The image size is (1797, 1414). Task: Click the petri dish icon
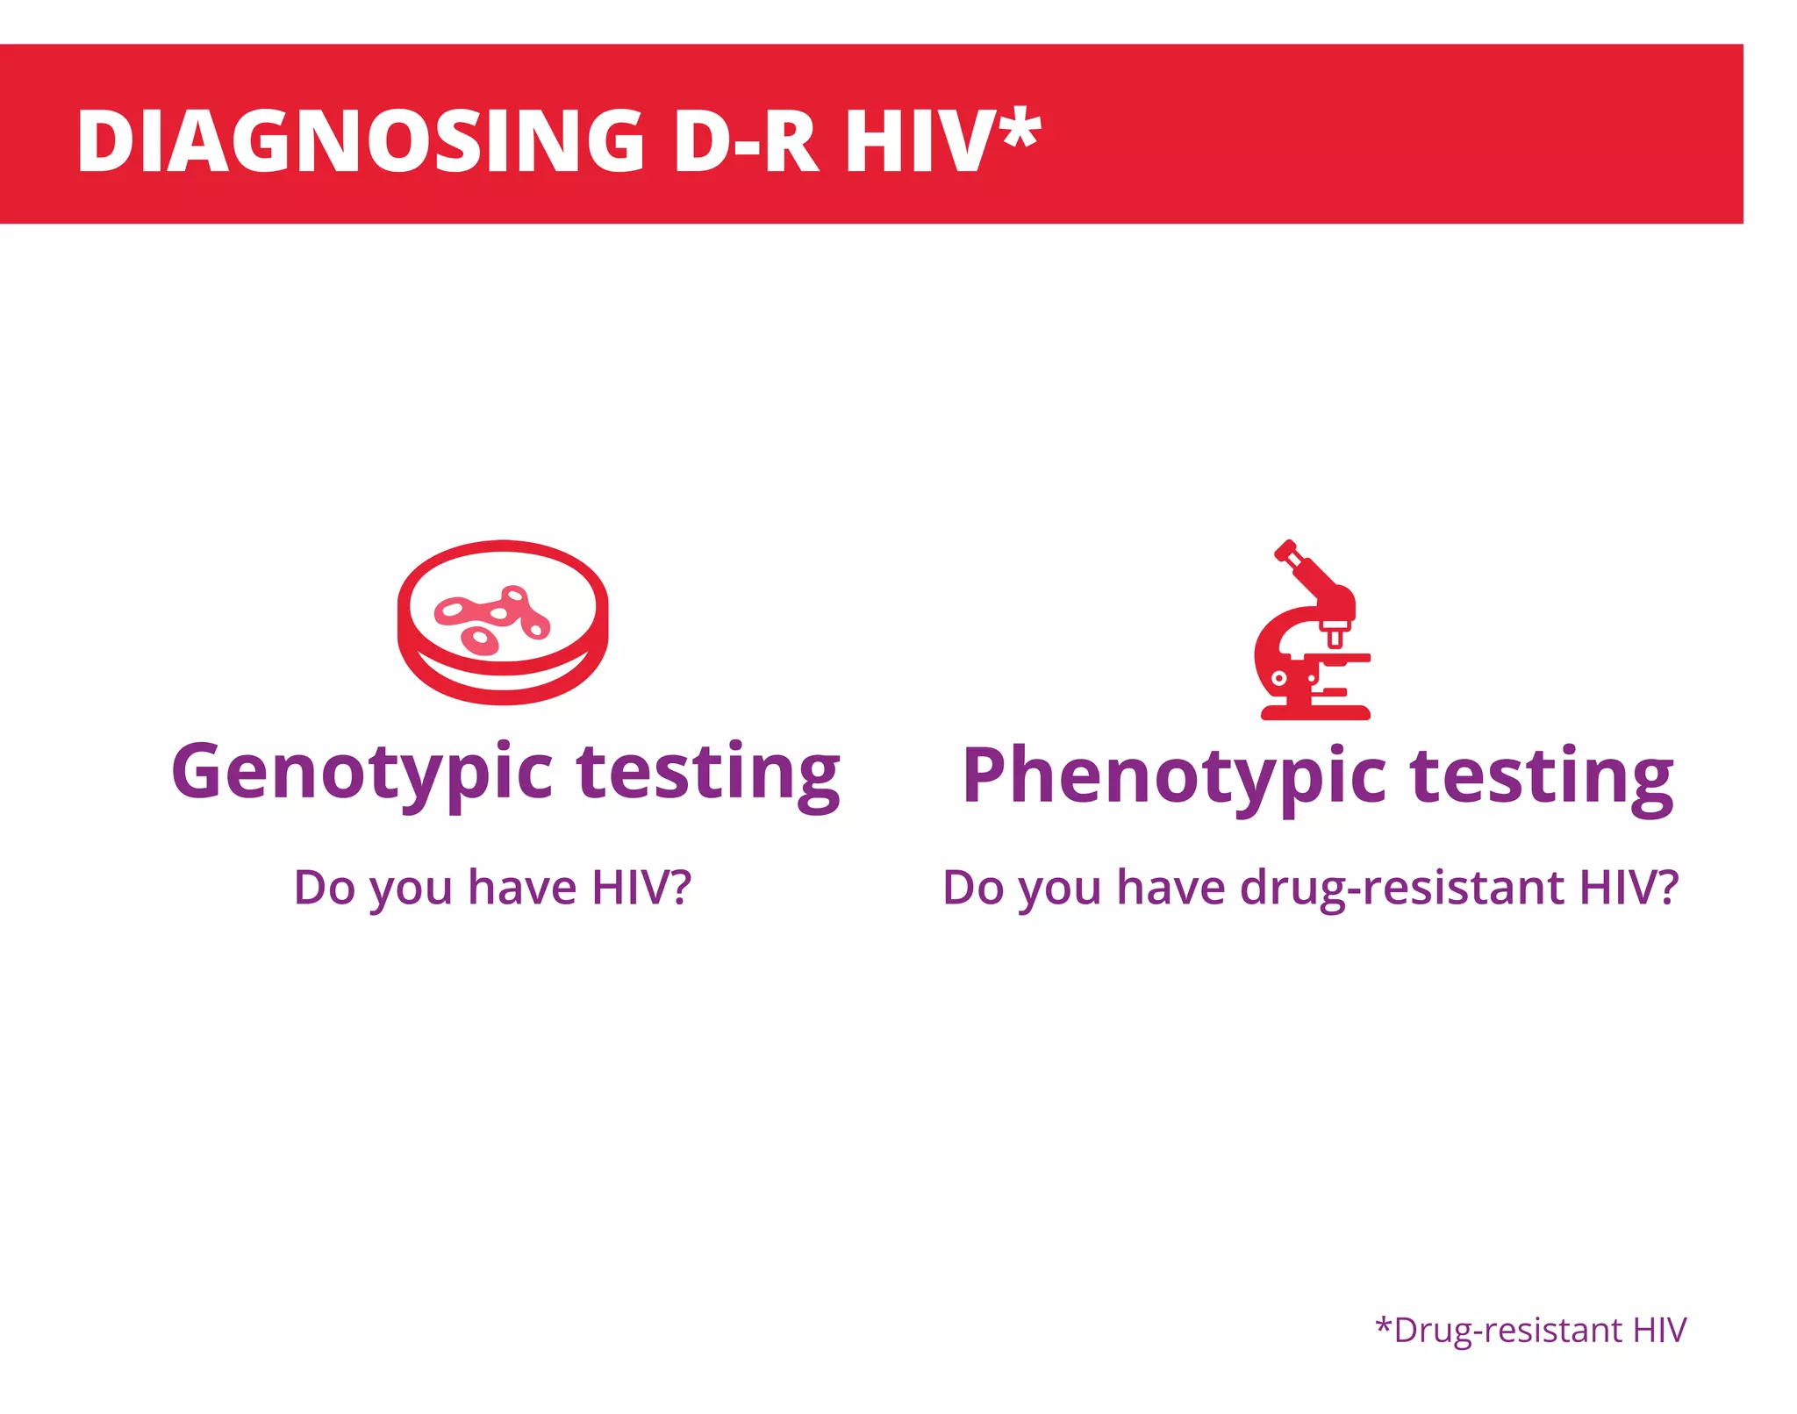503,622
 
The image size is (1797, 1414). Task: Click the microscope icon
1313,632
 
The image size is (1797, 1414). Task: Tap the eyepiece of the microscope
1286,552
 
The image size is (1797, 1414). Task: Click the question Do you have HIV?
492,888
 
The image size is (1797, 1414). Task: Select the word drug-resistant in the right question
1406,888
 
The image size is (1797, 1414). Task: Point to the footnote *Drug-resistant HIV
1530,1330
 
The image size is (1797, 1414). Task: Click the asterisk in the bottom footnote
1384,1325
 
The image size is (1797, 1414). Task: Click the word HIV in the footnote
1659,1330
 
